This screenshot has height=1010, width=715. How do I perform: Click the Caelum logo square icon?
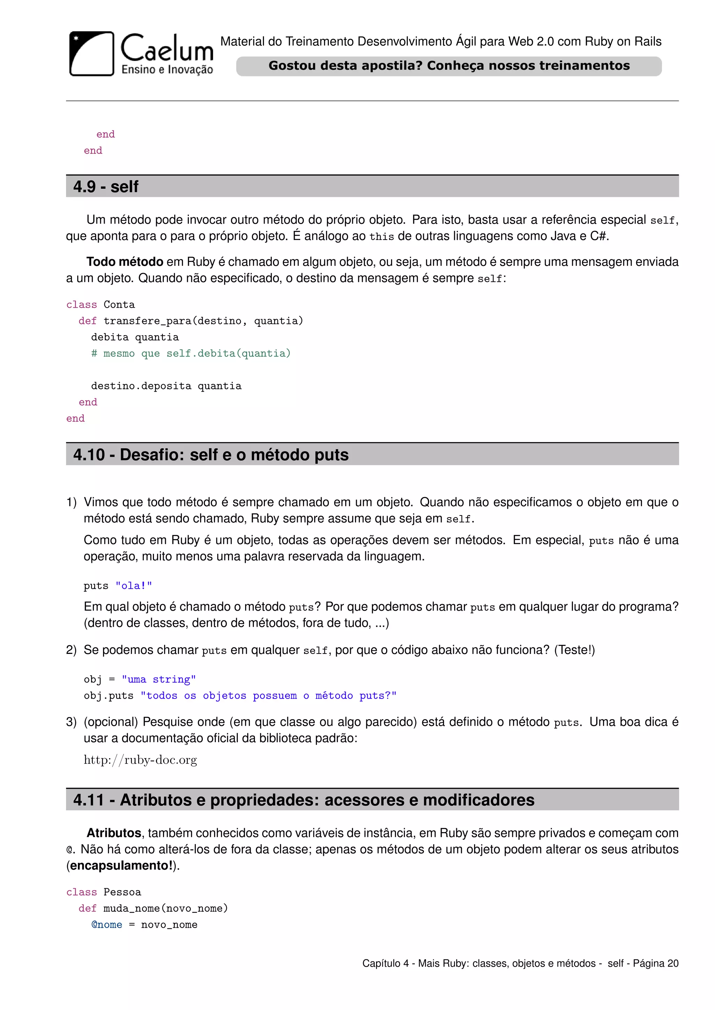91,54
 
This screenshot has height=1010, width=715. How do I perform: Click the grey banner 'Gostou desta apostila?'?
449,66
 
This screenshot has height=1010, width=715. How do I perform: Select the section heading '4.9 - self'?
106,187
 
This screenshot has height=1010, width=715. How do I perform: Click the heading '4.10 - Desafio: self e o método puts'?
211,454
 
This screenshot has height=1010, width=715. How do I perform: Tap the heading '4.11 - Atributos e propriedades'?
304,800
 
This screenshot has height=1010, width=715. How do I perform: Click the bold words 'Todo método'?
125,262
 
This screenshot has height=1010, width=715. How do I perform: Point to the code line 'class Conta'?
101,304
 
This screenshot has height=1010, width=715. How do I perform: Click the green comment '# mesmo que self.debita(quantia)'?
191,353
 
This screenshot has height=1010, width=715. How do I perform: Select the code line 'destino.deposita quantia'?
166,386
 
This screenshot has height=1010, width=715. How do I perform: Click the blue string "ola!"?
133,586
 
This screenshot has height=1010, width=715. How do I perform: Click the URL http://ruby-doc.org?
140,760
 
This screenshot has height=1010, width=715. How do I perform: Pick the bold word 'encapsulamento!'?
121,866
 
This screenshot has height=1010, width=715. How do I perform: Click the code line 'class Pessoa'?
103,892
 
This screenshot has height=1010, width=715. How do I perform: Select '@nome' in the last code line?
106,925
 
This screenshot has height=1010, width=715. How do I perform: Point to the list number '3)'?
71,722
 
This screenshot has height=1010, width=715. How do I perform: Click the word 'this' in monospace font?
381,237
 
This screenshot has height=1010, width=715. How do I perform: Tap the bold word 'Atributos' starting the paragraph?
113,833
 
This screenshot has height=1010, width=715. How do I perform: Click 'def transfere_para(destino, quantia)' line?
191,321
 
